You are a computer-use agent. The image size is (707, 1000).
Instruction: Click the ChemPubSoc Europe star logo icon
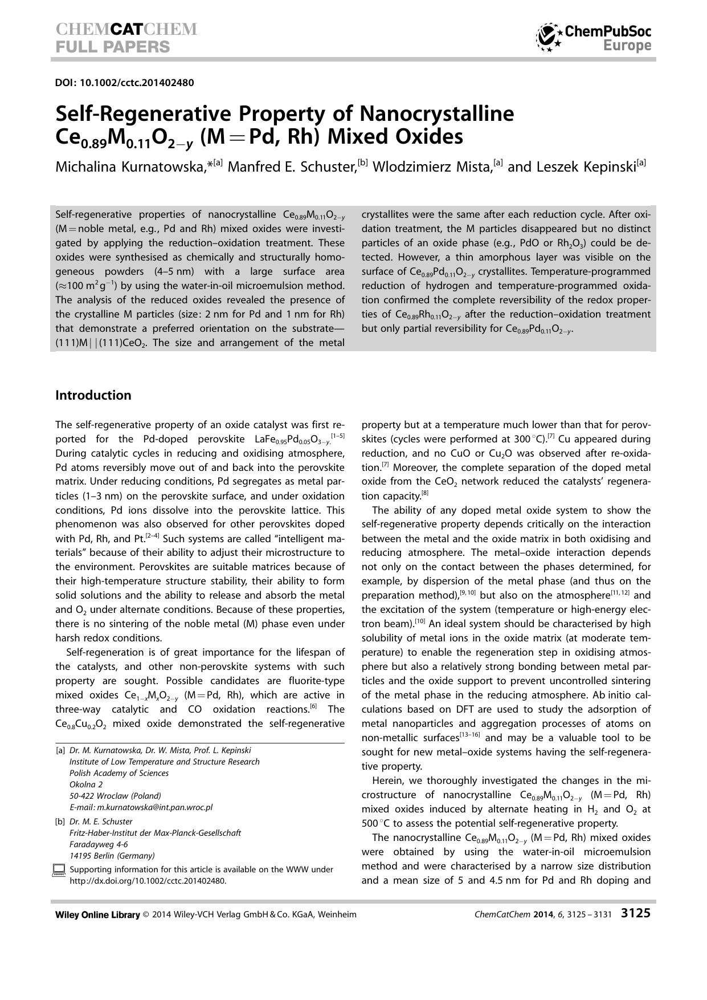pos(549,37)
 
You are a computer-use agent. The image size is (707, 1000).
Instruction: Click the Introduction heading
pos(93,395)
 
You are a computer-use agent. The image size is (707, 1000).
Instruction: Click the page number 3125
pos(635,913)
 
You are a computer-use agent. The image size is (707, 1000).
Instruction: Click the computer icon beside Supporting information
pos(59,870)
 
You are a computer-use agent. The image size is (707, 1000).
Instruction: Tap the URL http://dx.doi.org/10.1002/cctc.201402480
pos(148,880)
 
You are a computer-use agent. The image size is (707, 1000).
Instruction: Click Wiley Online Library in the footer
pos(97,914)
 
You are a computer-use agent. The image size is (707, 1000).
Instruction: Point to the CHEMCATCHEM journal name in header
pos(126,30)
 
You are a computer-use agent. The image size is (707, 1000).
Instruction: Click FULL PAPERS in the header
pos(112,47)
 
